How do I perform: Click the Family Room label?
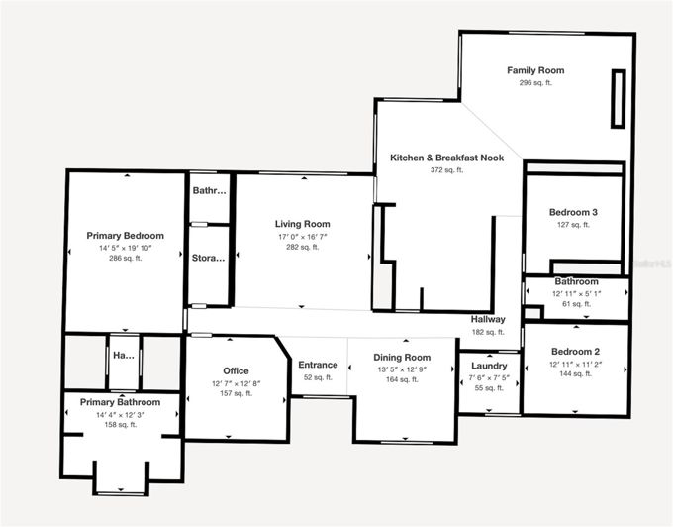tap(535, 70)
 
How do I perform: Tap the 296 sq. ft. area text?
tap(535, 83)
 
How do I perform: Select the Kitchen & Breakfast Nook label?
tap(446, 158)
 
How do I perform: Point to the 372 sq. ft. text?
tap(446, 170)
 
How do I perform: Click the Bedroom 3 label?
tap(573, 212)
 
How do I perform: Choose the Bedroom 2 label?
tap(574, 352)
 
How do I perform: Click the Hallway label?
tap(489, 319)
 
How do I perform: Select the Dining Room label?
tap(402, 357)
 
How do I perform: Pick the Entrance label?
tap(318, 365)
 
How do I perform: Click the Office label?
tap(237, 370)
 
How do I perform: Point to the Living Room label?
tap(302, 224)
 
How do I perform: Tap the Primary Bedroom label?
tap(125, 235)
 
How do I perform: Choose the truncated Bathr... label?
tap(209, 190)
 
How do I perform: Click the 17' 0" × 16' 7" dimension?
tap(302, 236)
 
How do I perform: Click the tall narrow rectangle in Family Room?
tap(619, 98)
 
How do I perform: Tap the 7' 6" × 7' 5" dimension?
tap(489, 377)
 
